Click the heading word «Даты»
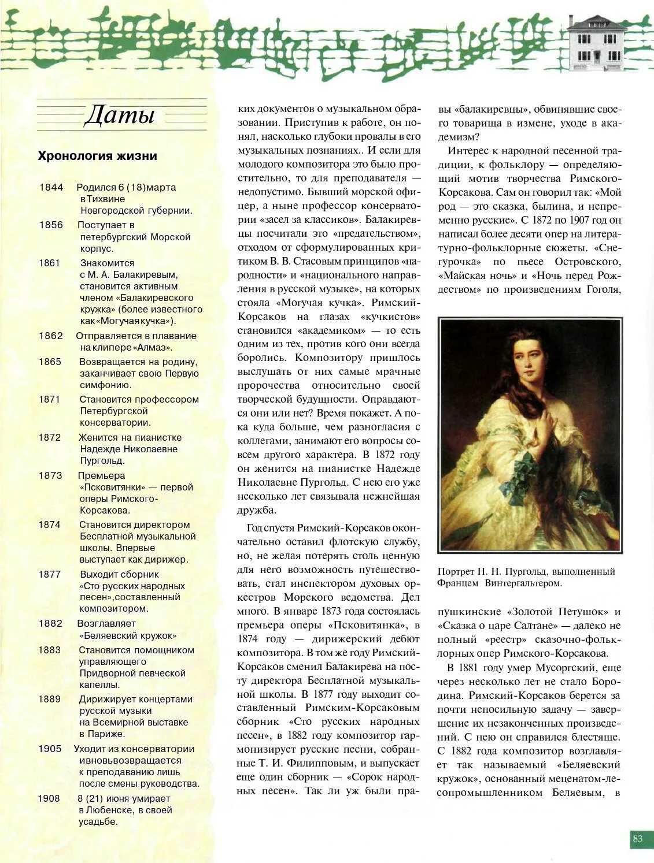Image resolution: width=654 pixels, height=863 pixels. click(x=120, y=115)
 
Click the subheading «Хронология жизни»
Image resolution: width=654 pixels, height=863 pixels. click(x=97, y=156)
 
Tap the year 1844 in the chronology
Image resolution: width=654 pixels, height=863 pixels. click(x=51, y=187)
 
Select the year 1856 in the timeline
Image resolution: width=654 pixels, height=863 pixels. click(x=51, y=225)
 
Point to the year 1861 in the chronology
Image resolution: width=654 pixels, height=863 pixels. click(x=50, y=263)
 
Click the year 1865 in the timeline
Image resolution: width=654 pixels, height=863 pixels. click(x=50, y=362)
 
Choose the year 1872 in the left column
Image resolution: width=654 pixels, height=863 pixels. click(x=50, y=437)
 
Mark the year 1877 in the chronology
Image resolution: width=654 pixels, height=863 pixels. click(x=50, y=574)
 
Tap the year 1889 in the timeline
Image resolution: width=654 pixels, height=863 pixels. click(x=50, y=699)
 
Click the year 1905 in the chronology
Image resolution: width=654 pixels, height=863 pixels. click(x=50, y=749)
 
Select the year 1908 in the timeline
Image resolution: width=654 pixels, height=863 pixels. click(x=49, y=798)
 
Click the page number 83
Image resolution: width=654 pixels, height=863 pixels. click(x=638, y=839)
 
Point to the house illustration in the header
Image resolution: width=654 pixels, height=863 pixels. click(x=597, y=43)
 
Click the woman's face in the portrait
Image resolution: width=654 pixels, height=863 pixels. click(x=529, y=360)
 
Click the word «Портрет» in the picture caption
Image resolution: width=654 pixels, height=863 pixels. click(x=456, y=571)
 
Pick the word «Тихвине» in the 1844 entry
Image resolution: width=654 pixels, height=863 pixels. click(x=106, y=199)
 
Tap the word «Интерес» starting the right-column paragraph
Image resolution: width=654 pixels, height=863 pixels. click(x=466, y=151)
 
